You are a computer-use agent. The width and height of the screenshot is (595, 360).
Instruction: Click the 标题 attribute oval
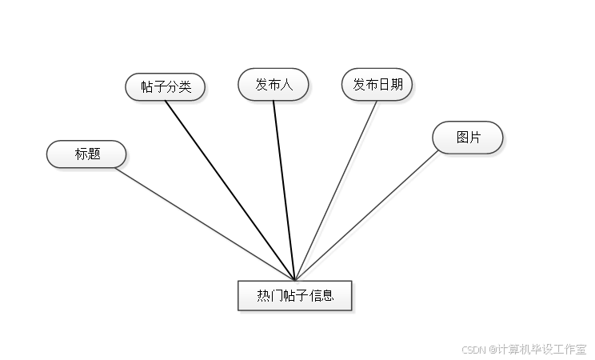coord(86,154)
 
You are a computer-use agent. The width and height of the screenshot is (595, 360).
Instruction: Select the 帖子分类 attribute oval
coord(166,87)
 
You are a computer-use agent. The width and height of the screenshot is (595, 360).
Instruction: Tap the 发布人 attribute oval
coord(274,84)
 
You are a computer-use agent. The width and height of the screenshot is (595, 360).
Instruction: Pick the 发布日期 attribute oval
coord(377,84)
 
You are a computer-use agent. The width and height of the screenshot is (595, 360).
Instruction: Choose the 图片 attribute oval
coord(468,138)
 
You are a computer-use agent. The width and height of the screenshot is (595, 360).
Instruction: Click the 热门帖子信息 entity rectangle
coord(295,296)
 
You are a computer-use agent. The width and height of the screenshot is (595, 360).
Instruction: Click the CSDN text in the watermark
coord(474,349)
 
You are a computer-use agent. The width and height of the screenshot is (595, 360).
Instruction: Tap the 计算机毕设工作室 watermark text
coord(541,349)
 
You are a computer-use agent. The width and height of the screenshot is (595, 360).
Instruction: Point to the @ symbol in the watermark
coord(492,349)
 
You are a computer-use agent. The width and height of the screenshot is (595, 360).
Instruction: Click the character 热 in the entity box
coord(263,296)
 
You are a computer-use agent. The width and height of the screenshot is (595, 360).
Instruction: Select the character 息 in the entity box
coord(327,296)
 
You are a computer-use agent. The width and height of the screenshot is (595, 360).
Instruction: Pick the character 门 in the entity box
coord(276,296)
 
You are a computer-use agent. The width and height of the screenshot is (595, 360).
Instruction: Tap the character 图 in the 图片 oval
coord(462,138)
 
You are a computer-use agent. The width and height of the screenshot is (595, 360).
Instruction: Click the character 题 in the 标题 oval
coord(94,154)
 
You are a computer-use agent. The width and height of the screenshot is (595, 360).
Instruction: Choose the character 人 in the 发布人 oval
coord(286,84)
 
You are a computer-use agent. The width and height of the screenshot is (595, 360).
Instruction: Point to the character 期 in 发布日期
coord(395,84)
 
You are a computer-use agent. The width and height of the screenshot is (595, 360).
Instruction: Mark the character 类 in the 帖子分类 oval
coord(185,87)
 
